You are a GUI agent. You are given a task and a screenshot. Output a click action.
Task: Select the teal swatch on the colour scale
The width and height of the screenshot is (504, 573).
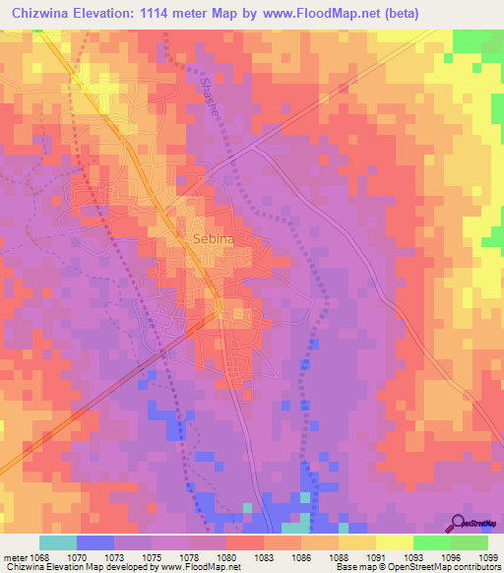[58, 542]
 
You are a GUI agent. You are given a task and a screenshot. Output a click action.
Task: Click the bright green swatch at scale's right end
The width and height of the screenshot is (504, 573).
[470, 542]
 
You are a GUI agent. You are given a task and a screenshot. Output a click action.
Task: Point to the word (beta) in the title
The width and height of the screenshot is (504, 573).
[413, 13]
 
